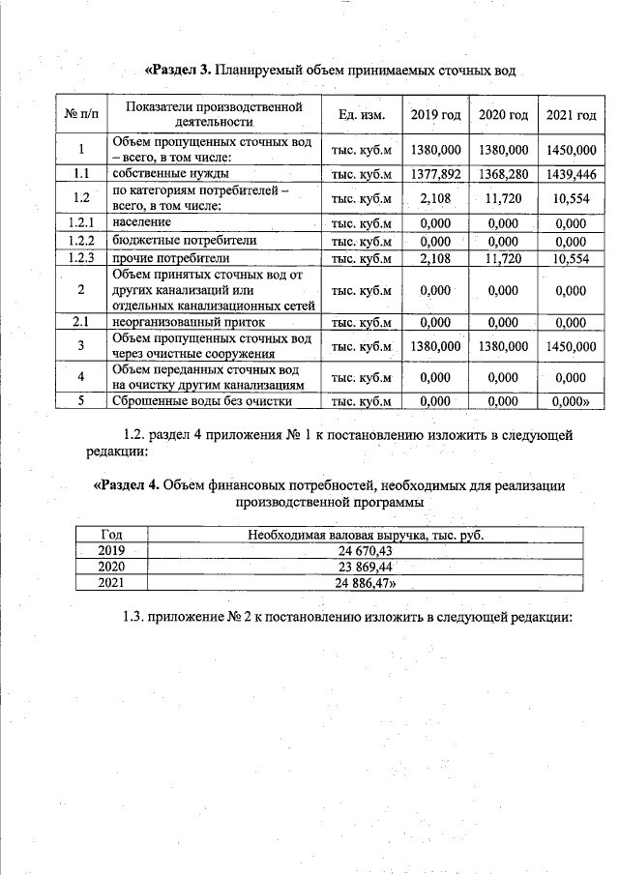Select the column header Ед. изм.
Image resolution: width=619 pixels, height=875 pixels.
click(362, 115)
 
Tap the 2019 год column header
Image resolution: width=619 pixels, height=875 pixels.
click(435, 115)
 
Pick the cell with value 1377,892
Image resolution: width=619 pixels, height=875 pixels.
click(435, 174)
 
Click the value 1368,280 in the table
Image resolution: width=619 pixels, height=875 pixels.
click(503, 174)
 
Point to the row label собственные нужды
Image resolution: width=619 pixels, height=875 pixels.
click(158, 174)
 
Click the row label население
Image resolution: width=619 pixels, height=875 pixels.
click(141, 223)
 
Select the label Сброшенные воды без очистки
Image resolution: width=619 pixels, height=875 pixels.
click(202, 400)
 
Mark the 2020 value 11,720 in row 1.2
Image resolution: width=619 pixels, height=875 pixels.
click(503, 198)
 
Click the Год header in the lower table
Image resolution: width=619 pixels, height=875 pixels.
click(111, 535)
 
